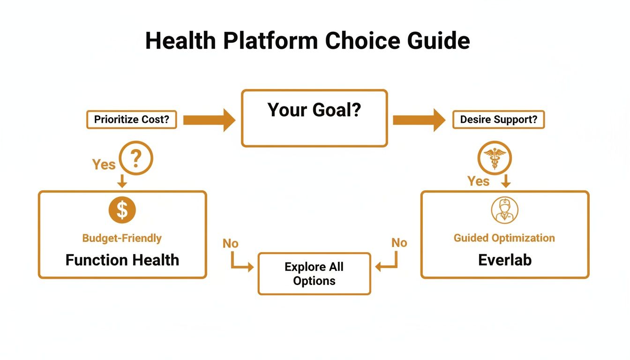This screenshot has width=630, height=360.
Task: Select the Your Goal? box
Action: tap(314, 118)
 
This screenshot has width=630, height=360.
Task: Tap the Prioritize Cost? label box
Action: tap(132, 120)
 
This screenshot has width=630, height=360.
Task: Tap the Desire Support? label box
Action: tap(498, 120)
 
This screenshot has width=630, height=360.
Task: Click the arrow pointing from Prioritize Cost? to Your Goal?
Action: tap(209, 120)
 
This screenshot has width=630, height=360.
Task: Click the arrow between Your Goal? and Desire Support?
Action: tap(419, 120)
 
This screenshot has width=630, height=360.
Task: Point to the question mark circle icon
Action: tap(136, 159)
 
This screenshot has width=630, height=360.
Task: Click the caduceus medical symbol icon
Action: tap(495, 158)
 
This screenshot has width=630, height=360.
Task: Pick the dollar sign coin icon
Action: tap(122, 210)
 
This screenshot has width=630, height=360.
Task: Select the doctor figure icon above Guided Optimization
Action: tap(504, 210)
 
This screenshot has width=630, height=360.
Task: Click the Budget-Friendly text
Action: tap(122, 238)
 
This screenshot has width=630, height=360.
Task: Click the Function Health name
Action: tap(122, 260)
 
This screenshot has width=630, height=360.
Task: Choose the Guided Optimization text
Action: tap(504, 238)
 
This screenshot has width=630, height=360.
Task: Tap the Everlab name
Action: tap(505, 260)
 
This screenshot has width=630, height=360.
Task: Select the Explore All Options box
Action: tap(314, 274)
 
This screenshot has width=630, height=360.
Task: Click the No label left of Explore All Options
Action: tap(230, 244)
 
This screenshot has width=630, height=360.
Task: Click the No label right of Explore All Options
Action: tap(399, 243)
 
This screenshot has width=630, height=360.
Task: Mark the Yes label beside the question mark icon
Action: tap(104, 165)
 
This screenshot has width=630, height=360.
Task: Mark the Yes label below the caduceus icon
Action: tap(479, 181)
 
